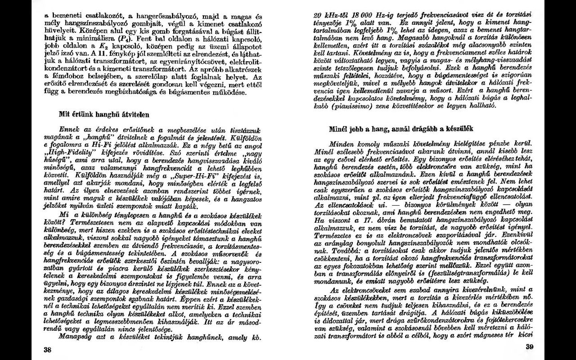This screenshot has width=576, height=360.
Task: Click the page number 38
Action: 47,349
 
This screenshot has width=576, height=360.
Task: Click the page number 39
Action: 529,346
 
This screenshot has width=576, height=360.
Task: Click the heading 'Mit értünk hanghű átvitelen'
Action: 104,115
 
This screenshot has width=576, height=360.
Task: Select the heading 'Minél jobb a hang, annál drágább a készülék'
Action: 401,129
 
